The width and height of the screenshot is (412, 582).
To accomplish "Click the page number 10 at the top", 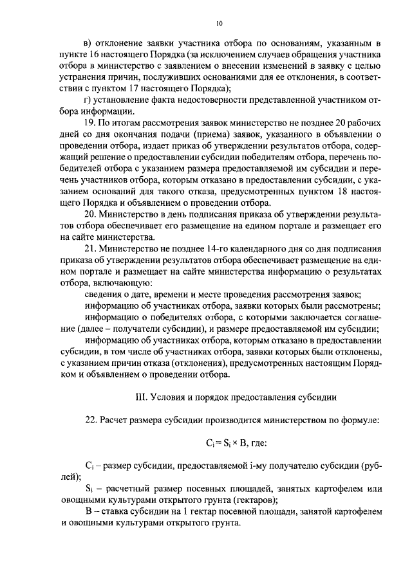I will (219, 24).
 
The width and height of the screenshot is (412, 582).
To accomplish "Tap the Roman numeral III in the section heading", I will (140, 396).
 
